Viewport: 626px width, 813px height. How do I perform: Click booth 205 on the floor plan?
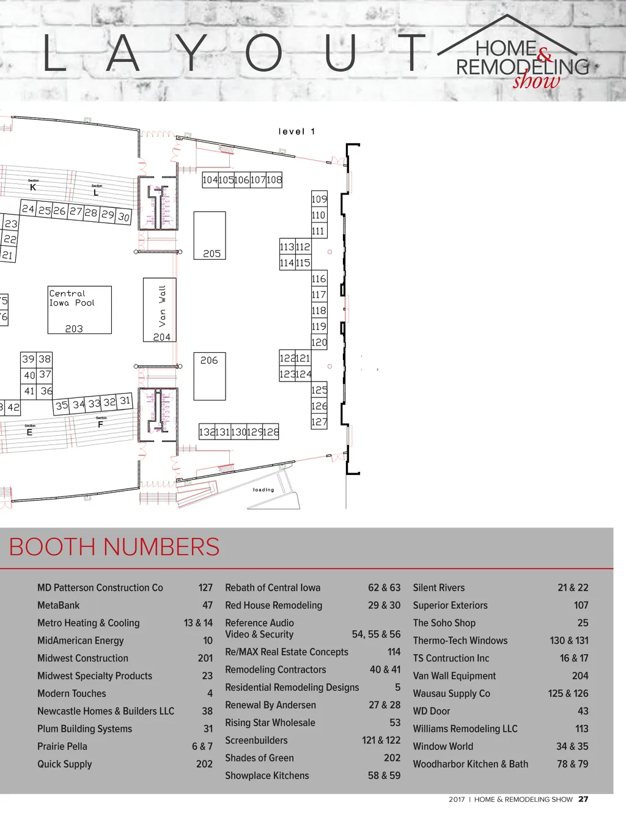[210, 235]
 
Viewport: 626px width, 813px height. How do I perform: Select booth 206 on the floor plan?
[210, 375]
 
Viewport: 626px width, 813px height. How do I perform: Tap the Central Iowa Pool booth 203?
[79, 310]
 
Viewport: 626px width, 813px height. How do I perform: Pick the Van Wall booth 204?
[160, 309]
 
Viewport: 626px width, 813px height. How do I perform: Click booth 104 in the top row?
[210, 180]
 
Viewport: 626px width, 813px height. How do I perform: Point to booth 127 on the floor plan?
[319, 422]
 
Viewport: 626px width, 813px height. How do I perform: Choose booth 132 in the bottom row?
[207, 432]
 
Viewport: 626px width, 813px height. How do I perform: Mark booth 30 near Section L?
[123, 216]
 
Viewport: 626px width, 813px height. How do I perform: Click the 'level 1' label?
[296, 131]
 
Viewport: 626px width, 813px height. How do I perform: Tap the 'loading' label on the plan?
[263, 490]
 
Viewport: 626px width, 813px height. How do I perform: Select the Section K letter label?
[33, 188]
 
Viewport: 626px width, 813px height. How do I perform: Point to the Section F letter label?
[100, 424]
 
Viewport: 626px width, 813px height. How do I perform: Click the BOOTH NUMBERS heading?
[114, 546]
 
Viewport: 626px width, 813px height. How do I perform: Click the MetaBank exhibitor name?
[59, 605]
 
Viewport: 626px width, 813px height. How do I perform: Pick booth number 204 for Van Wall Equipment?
[580, 675]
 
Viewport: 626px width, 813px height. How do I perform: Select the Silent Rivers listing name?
[438, 587]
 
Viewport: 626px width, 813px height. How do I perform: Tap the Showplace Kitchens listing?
[267, 775]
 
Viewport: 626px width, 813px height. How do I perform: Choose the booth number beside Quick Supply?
[204, 764]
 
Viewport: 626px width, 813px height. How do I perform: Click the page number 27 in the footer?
[583, 799]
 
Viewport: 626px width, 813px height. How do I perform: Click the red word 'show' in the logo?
[536, 81]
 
